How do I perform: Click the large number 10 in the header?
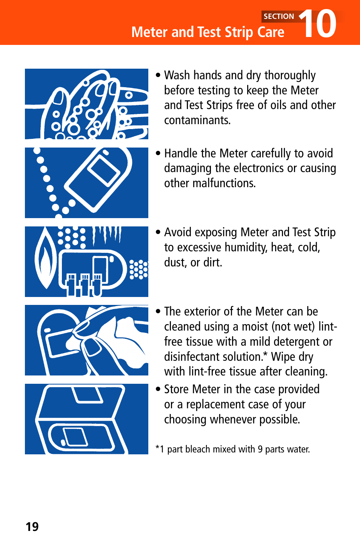pyautogui.click(x=319, y=24)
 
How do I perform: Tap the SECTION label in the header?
pyautogui.click(x=278, y=16)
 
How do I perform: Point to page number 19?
pyautogui.click(x=32, y=526)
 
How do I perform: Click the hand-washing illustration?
pyautogui.click(x=86, y=104)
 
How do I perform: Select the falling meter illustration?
pyautogui.click(x=86, y=183)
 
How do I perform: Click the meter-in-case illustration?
pyautogui.click(x=86, y=419)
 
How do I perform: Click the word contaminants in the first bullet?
pyautogui.click(x=197, y=120)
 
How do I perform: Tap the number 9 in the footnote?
pyautogui.click(x=260, y=449)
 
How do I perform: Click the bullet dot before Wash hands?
pyautogui.click(x=158, y=75)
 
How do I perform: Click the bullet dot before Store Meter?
pyautogui.click(x=158, y=389)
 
